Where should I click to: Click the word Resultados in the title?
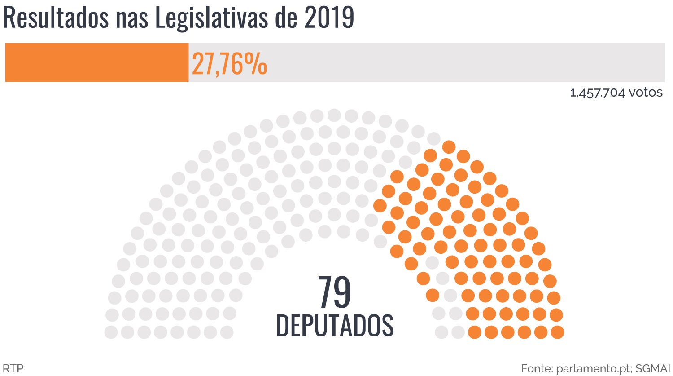[56, 18]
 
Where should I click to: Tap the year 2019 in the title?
[329, 18]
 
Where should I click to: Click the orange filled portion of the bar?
[96, 62]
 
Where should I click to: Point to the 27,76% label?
[229, 64]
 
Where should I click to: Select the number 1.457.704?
[597, 93]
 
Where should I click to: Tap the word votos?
[646, 93]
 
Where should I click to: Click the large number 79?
[334, 292]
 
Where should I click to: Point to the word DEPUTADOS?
[335, 325]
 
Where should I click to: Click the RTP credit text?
[13, 368]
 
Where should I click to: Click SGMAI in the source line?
[653, 368]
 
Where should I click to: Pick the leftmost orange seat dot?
[380, 206]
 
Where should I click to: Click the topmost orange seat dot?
[449, 146]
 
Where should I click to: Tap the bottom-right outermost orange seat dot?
[557, 332]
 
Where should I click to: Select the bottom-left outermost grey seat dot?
[111, 332]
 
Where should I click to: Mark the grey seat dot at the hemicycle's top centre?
[334, 115]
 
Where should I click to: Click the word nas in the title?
[132, 18]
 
